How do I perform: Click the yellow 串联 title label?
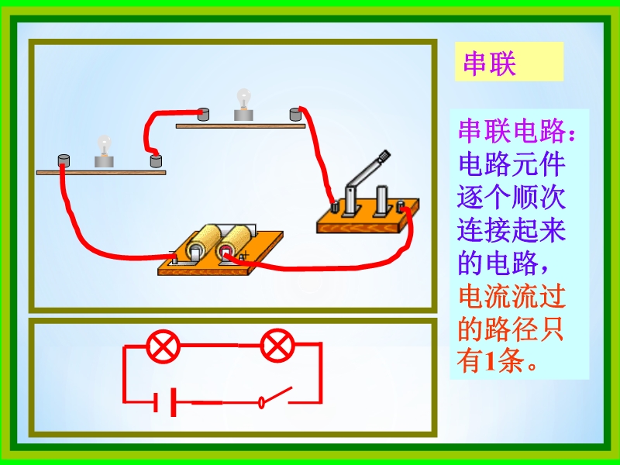(489, 64)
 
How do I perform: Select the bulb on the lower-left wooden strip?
(104, 152)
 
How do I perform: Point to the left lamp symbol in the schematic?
(163, 346)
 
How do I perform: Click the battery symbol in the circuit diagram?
(166, 402)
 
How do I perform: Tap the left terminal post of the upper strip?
(204, 114)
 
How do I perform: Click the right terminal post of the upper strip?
(294, 115)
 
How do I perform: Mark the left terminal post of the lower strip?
(64, 161)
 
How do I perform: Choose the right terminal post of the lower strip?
(156, 161)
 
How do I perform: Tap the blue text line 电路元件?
(511, 165)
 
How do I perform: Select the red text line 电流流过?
(511, 296)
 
